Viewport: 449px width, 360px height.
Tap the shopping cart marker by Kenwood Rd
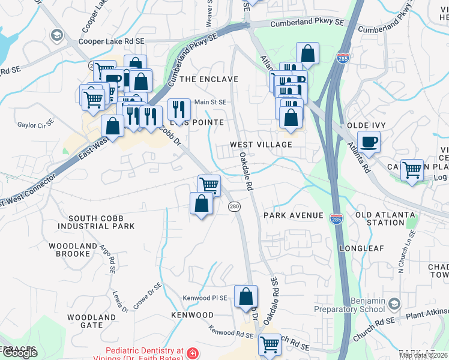click(x=270, y=345)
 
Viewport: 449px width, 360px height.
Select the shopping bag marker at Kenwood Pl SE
click(x=246, y=296)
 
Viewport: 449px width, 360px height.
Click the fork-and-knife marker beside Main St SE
click(x=179, y=109)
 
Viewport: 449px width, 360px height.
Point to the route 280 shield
click(x=234, y=206)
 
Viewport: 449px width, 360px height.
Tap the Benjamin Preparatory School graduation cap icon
click(x=394, y=304)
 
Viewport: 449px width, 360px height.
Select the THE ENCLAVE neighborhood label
click(x=209, y=79)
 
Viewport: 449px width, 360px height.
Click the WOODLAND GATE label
click(x=92, y=321)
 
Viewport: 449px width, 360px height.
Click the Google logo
click(x=19, y=353)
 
